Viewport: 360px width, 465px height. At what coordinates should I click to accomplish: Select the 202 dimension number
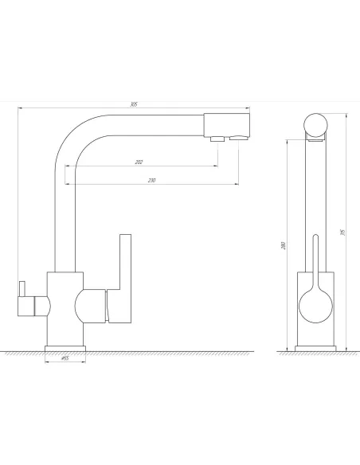pyautogui.click(x=139, y=162)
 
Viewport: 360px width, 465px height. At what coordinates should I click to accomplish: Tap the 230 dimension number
pyautogui.click(x=151, y=181)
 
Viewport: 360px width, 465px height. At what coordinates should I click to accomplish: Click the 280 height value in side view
pyautogui.click(x=284, y=246)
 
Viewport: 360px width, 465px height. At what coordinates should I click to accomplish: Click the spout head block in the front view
pyautogui.click(x=227, y=125)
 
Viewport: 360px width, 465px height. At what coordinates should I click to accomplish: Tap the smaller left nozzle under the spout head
pyautogui.click(x=216, y=140)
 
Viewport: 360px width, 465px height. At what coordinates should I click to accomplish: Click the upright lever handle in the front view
pyautogui.click(x=125, y=263)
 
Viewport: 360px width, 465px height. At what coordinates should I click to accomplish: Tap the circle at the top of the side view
pyautogui.click(x=315, y=126)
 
